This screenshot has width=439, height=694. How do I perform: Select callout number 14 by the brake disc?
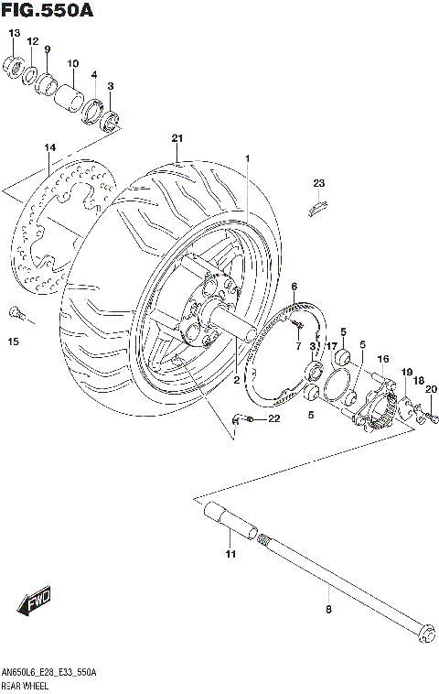click(50, 147)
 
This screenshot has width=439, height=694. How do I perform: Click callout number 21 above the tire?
click(177, 138)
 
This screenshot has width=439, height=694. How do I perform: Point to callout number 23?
click(318, 184)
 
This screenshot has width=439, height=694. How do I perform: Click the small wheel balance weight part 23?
click(316, 208)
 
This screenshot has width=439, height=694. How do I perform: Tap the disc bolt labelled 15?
click(16, 314)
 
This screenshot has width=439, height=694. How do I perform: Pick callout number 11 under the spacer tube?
click(230, 555)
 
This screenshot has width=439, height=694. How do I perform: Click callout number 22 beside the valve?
click(273, 419)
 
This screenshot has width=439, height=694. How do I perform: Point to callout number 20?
click(431, 389)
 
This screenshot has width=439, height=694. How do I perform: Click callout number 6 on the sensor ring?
click(294, 287)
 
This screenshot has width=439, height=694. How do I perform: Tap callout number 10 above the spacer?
click(73, 63)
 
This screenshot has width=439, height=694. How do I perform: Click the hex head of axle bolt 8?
click(423, 634)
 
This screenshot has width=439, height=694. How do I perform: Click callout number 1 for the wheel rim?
click(246, 158)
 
